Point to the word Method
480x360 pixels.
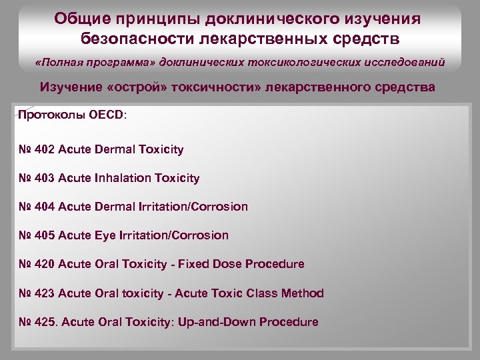(304, 293)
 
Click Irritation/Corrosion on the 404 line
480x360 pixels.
(193, 207)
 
